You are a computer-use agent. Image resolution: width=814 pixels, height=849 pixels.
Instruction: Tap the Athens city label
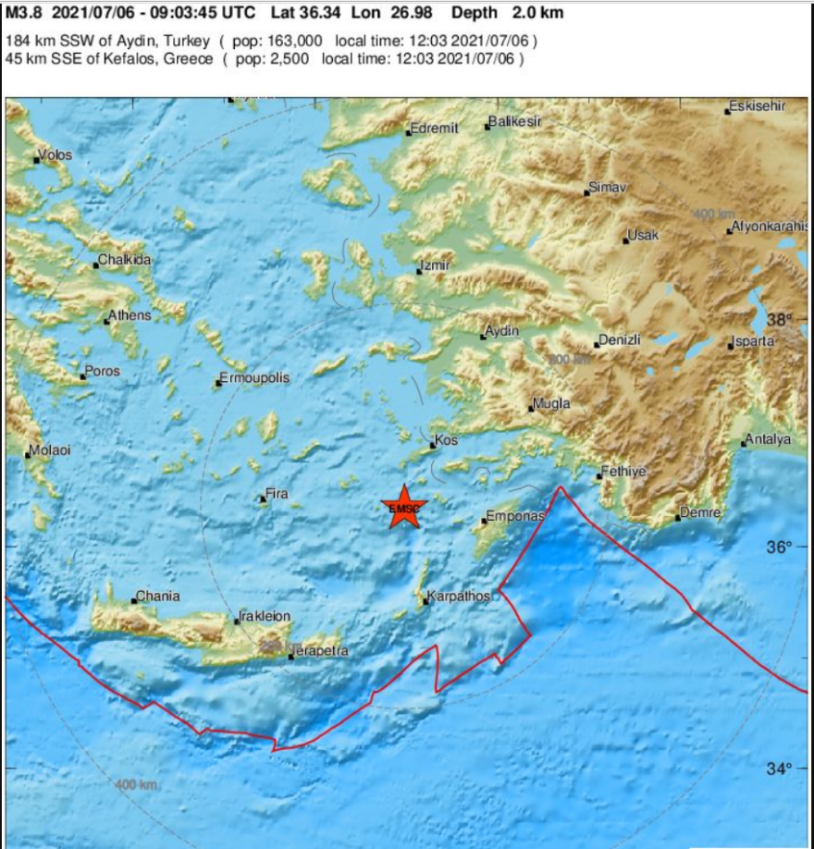pyautogui.click(x=129, y=315)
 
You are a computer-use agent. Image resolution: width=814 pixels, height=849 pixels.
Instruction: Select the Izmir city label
pyautogui.click(x=435, y=265)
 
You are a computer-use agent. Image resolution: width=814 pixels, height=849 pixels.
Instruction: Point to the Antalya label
pyautogui.click(x=769, y=439)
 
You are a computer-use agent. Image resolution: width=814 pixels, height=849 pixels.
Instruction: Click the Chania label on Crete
pyautogui.click(x=158, y=596)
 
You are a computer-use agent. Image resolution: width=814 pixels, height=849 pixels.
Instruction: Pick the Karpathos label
pyautogui.click(x=459, y=597)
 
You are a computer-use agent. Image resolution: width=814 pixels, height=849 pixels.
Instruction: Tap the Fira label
pyautogui.click(x=277, y=494)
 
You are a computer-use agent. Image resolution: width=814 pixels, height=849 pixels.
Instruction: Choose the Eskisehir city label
pyautogui.click(x=757, y=105)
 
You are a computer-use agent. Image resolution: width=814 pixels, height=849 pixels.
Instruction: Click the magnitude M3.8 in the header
pyautogui.click(x=26, y=13)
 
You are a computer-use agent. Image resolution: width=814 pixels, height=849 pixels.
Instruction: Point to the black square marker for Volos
pyautogui.click(x=37, y=160)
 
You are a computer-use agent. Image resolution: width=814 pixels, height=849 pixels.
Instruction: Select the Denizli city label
pyautogui.click(x=620, y=340)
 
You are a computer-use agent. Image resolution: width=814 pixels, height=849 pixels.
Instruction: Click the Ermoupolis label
pyautogui.click(x=254, y=378)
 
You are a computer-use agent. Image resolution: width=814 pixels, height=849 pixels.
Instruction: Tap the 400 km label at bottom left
pyautogui.click(x=137, y=785)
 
